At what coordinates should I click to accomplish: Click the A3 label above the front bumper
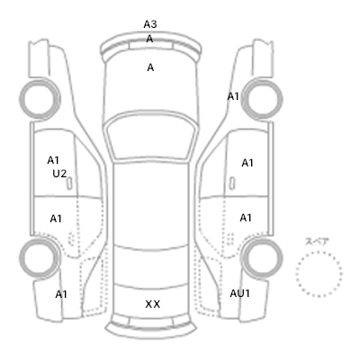150,24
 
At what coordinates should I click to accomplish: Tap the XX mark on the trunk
153,304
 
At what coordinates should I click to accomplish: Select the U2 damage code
59,174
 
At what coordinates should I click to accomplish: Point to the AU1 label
239,293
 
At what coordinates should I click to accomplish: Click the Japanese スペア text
317,241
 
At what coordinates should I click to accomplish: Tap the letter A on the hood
150,67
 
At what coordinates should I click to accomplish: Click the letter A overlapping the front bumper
149,39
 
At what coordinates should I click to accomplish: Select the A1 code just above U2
53,160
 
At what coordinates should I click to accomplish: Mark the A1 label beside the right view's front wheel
233,96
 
